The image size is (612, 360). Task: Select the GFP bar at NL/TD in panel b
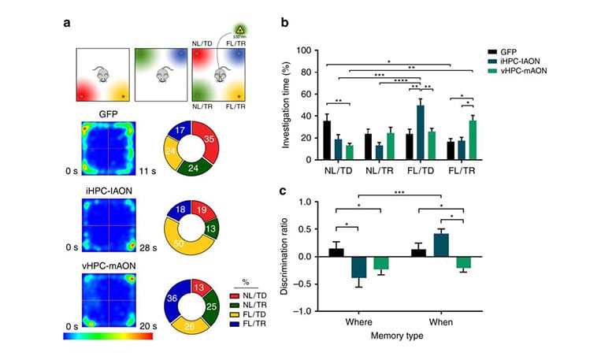(x=327, y=140)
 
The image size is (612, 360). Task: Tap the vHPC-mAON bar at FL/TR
(x=473, y=140)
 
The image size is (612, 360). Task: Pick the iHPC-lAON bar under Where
(x=359, y=267)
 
